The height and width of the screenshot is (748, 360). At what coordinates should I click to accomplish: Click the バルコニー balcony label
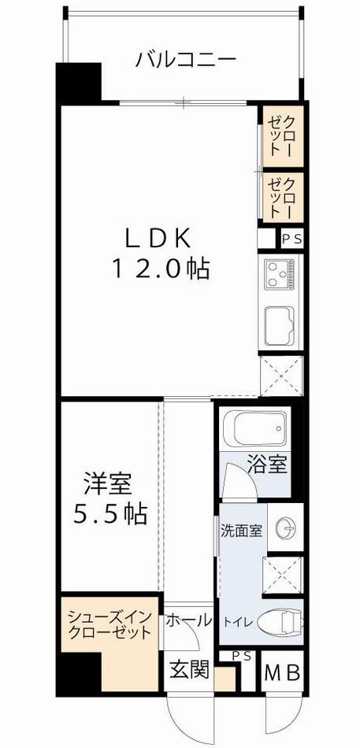point(186,59)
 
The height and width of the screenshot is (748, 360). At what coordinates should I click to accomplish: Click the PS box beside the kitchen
point(290,238)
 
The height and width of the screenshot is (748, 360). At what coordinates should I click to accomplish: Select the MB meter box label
point(281,675)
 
